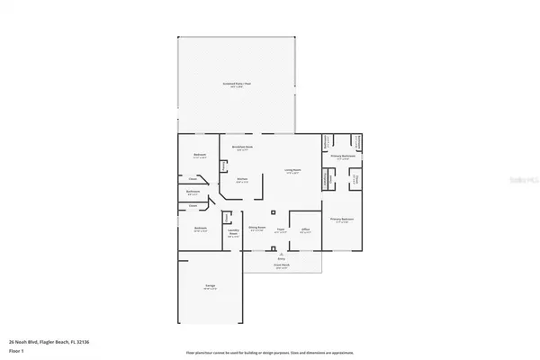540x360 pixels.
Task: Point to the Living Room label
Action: (x=292, y=171)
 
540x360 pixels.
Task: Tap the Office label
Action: (x=305, y=230)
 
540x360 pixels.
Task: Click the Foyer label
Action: (x=280, y=230)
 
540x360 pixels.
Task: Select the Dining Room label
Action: (x=256, y=230)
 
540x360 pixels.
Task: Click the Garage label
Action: (x=210, y=287)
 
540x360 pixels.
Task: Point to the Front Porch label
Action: (x=280, y=267)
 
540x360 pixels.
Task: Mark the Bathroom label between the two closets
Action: (x=193, y=192)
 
